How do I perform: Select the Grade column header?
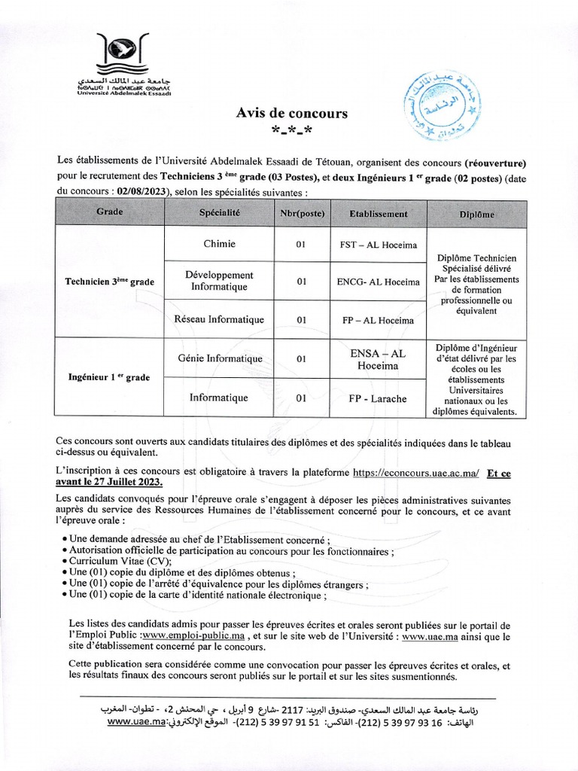(110, 213)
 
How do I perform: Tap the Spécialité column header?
(220, 213)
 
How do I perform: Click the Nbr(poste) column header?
(302, 214)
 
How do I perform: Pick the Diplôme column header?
(476, 214)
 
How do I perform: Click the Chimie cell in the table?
(220, 244)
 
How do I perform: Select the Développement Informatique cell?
(220, 281)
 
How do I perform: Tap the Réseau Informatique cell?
(220, 320)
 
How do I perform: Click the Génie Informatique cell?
(220, 358)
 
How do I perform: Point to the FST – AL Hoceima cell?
(379, 245)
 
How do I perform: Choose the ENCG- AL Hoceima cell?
(379, 282)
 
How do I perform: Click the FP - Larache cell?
(379, 398)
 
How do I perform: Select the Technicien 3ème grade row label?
(110, 282)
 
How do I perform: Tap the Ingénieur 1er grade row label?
(110, 377)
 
